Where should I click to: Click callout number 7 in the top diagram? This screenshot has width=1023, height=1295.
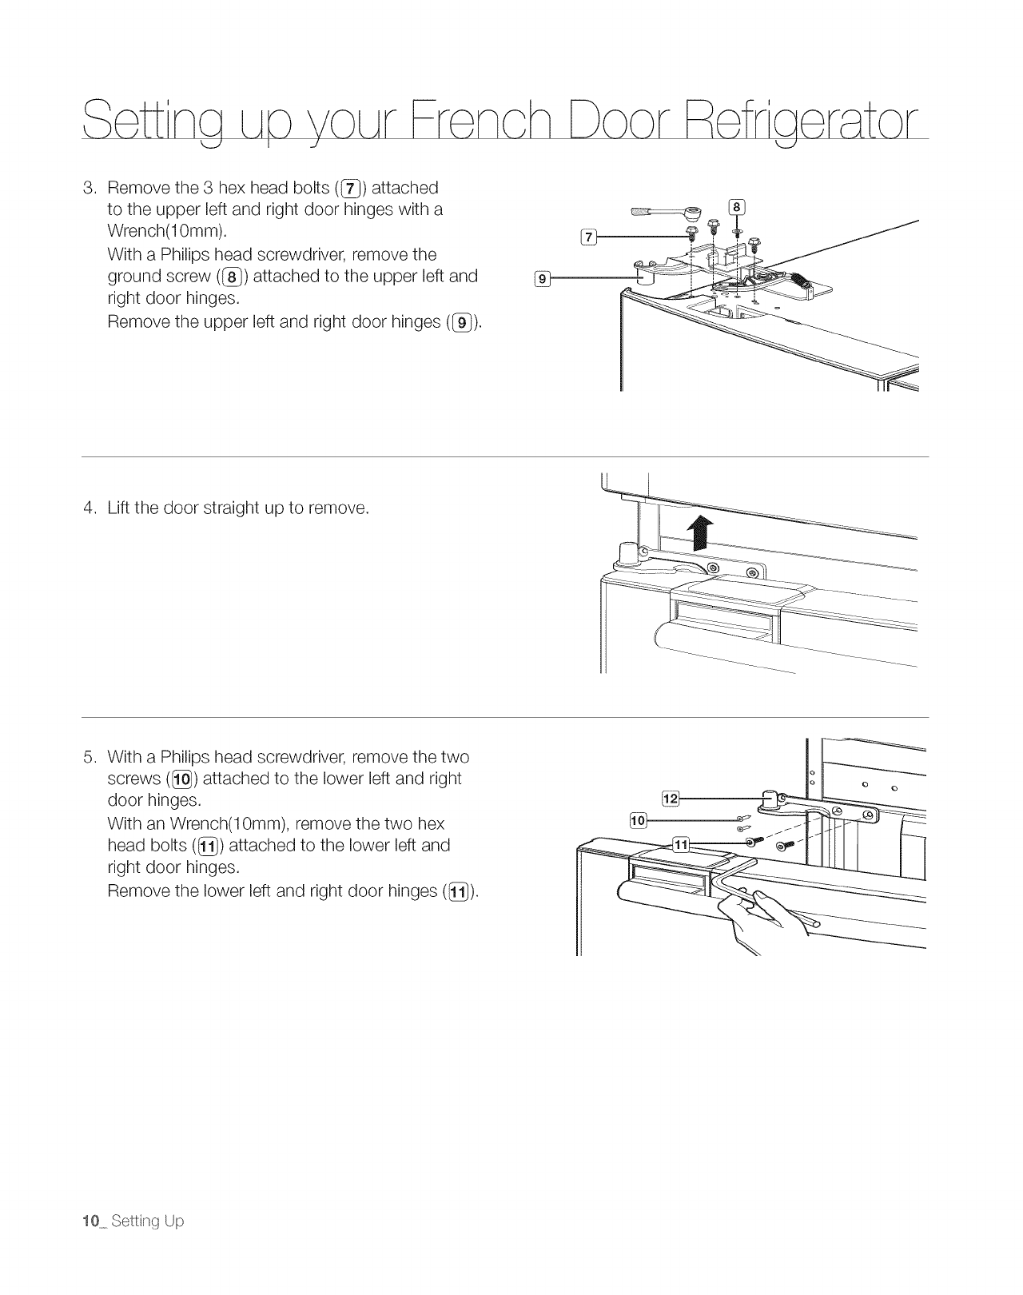pyautogui.click(x=587, y=236)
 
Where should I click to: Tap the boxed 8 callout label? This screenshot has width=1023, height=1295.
pyautogui.click(x=737, y=208)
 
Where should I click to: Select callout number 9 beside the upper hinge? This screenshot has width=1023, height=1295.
pyautogui.click(x=541, y=279)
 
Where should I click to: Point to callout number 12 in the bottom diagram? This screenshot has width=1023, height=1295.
pyautogui.click(x=671, y=797)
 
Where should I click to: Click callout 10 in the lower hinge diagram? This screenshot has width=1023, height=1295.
pyautogui.click(x=638, y=819)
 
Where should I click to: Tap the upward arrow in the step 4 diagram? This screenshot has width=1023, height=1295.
pyautogui.click(x=700, y=532)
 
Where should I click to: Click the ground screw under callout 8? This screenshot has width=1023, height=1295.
pyautogui.click(x=737, y=232)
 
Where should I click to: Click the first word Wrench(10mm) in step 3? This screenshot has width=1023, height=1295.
pyautogui.click(x=166, y=232)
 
